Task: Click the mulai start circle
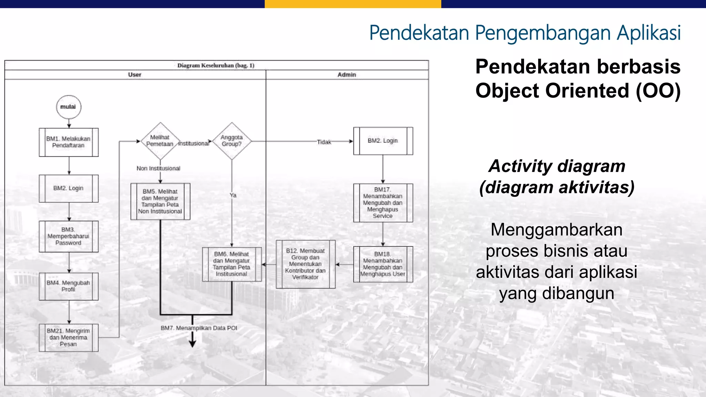point(69,107)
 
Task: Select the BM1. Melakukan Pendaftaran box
point(69,142)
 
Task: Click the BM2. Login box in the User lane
point(69,188)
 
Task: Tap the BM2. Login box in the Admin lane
point(383,141)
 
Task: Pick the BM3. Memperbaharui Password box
point(69,236)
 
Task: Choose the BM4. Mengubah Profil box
point(69,286)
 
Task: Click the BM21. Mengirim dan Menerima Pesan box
point(69,337)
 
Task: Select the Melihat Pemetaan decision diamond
point(160,141)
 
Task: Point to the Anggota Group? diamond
point(232,141)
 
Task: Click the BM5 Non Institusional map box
point(160,201)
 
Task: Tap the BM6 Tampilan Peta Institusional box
point(232,264)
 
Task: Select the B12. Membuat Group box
point(305,264)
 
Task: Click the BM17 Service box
point(383,203)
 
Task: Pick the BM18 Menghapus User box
point(383,264)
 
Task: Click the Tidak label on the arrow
point(324,142)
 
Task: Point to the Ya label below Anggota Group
point(233,195)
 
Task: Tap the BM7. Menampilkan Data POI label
point(199,328)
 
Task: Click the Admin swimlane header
point(347,75)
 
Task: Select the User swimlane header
point(135,75)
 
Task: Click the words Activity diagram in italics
point(557,166)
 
